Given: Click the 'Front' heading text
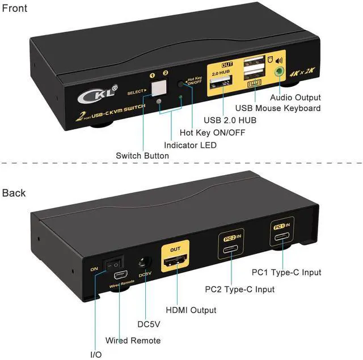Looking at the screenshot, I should (15, 9).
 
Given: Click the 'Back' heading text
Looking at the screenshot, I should (14, 193).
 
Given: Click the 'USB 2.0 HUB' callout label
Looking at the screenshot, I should (230, 120).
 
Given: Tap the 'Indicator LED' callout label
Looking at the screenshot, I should (190, 145).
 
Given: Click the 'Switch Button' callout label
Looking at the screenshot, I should (142, 156).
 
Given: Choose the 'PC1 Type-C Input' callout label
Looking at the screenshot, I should (287, 273).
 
